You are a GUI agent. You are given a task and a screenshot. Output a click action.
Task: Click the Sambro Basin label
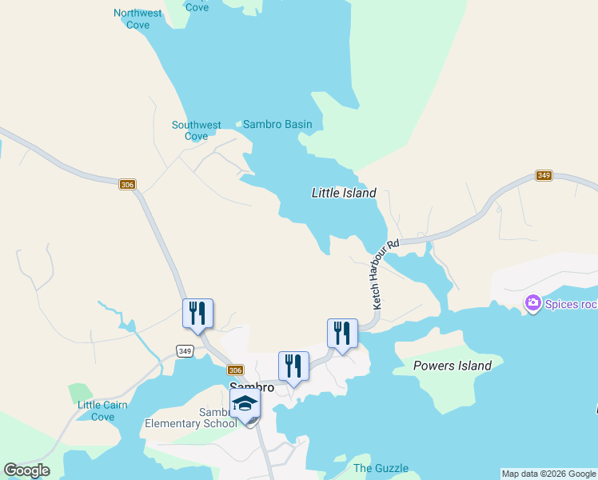tap(277, 124)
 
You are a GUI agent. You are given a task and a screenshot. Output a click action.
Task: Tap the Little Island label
tap(343, 193)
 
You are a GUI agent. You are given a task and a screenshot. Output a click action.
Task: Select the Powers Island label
tap(452, 366)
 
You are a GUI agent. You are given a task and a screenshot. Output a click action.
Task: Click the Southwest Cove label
tap(196, 130)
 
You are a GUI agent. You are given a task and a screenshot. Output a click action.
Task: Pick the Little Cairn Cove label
tap(102, 410)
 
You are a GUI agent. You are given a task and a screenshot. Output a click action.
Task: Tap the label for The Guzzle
tap(381, 468)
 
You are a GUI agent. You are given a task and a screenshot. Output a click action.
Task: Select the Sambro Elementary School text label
tap(190, 418)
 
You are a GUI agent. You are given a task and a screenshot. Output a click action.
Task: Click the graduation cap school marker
tap(245, 404)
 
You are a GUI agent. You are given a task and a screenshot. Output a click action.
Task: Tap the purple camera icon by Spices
tap(532, 303)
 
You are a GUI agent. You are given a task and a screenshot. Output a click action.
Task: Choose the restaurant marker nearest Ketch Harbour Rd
tap(342, 333)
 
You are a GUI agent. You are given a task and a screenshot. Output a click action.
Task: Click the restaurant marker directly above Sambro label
tap(293, 366)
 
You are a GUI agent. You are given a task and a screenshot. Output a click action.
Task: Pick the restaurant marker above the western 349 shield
tap(197, 314)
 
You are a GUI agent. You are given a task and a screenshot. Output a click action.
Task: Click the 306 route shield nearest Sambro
tap(234, 370)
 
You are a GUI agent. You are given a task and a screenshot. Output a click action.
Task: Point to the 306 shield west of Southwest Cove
tap(127, 185)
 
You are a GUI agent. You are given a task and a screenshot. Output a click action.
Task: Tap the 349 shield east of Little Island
tap(544, 175)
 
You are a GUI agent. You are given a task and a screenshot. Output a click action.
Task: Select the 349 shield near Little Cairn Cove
tap(185, 351)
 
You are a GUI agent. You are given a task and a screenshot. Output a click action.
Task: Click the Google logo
tap(26, 470)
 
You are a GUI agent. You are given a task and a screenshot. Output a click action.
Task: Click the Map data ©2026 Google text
tap(548, 474)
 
